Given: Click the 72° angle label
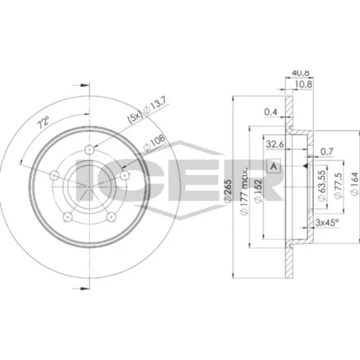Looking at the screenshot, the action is click(42, 122).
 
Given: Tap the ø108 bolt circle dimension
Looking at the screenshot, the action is click(155, 143).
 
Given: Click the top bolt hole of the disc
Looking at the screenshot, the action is click(89, 150).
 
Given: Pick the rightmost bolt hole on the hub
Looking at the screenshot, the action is click(125, 175).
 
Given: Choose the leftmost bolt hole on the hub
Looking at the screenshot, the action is click(55, 175).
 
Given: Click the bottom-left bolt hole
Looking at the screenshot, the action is click(68, 217).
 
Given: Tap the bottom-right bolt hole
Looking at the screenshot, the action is click(111, 217).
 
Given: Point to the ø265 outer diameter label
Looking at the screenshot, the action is click(228, 189).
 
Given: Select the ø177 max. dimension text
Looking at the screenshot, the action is click(244, 191).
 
